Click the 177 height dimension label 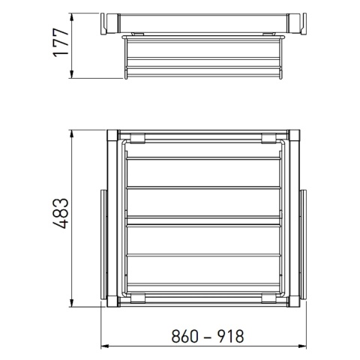[61, 43]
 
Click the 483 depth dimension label [61, 214]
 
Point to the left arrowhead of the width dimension [104, 346]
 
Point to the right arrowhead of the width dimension [303, 346]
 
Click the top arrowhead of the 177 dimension [72, 17]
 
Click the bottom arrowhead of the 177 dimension [72, 74]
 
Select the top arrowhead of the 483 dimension [72, 134]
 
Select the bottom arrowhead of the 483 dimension [72, 303]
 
